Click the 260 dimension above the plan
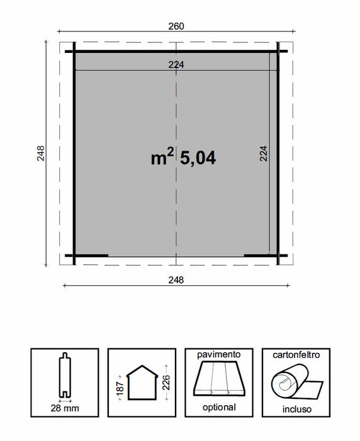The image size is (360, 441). tap(176, 26)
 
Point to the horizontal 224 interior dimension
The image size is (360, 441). tap(176, 64)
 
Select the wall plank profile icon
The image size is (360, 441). tap(65, 377)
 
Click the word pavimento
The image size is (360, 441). tap(218, 355)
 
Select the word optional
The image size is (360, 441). tap(218, 407)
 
